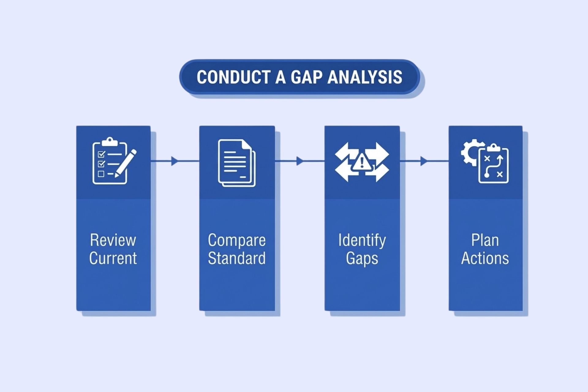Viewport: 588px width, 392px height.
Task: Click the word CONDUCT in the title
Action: pyautogui.click(x=233, y=77)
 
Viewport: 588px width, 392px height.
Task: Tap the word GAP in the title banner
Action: pyautogui.click(x=306, y=77)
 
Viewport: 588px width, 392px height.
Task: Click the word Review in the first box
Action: pyautogui.click(x=113, y=240)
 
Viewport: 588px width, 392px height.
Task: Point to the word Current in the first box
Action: pyautogui.click(x=113, y=258)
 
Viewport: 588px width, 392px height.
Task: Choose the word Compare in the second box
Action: pyautogui.click(x=237, y=240)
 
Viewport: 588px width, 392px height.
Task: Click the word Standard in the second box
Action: pyautogui.click(x=237, y=258)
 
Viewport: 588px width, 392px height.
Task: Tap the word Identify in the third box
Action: pyautogui.click(x=362, y=240)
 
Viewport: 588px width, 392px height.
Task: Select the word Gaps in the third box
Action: pyautogui.click(x=362, y=258)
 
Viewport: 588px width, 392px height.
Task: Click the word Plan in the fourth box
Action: pyautogui.click(x=485, y=240)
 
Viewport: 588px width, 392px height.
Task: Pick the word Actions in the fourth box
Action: pyautogui.click(x=485, y=258)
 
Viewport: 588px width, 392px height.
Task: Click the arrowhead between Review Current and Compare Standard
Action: pyautogui.click(x=174, y=161)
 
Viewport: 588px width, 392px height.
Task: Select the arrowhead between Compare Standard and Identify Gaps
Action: pyautogui.click(x=300, y=161)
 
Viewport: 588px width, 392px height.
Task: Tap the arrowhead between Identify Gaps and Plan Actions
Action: pyautogui.click(x=424, y=161)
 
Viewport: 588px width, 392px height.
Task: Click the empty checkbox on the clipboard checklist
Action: pyautogui.click(x=101, y=174)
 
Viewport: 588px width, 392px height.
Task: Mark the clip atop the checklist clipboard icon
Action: pyautogui.click(x=110, y=141)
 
